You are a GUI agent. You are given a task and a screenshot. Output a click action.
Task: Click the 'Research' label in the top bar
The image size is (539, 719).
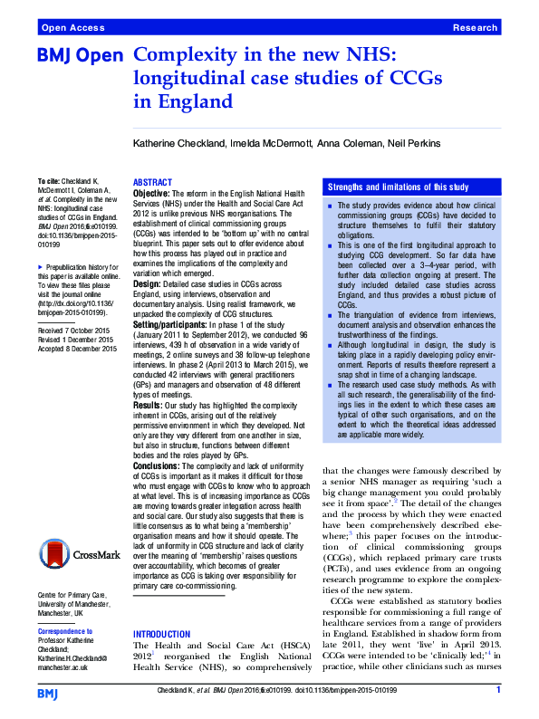(x=475, y=28)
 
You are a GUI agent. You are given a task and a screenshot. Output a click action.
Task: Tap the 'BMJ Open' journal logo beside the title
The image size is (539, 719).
(x=80, y=57)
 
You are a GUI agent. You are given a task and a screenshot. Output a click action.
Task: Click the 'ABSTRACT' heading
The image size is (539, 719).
(x=152, y=182)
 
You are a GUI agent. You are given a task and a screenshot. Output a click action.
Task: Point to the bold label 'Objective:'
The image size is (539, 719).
(x=150, y=194)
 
